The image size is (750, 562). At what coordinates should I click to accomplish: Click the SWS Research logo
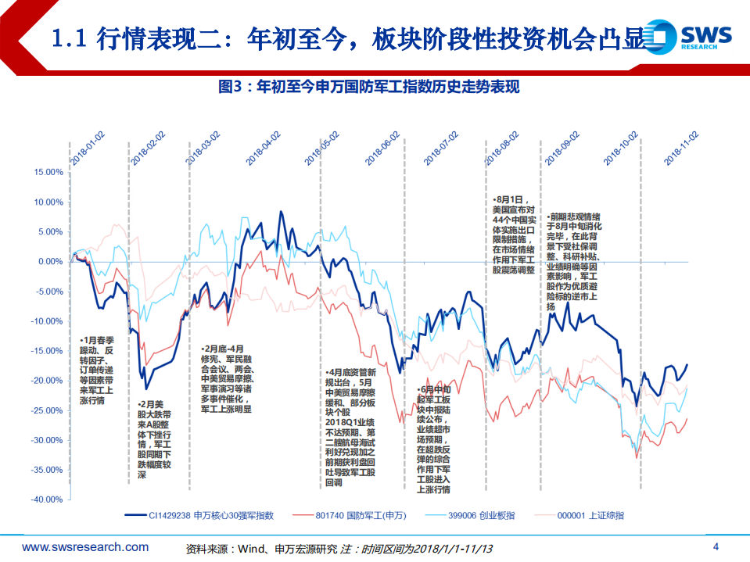tap(694, 37)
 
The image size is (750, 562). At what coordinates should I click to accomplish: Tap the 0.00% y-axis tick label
tap(47, 262)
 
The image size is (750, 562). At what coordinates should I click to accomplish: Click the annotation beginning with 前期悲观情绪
tap(575, 261)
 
